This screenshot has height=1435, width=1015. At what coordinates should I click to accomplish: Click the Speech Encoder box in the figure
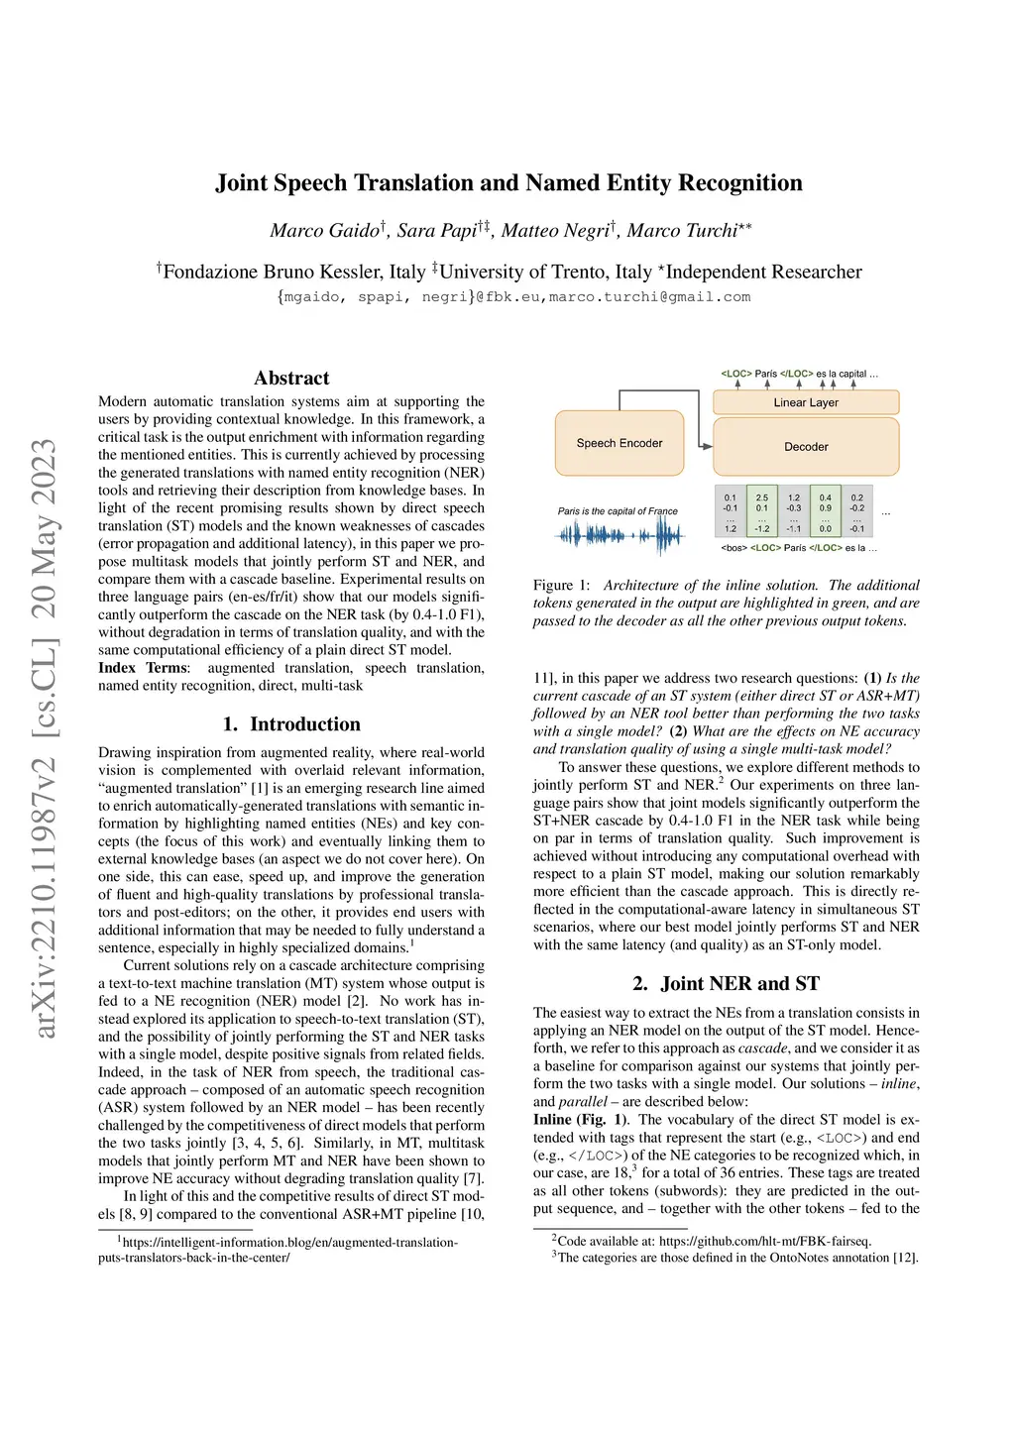click(x=620, y=443)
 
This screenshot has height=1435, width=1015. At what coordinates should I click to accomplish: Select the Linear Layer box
click(x=806, y=402)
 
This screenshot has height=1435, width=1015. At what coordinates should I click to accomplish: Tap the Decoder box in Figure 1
click(x=806, y=447)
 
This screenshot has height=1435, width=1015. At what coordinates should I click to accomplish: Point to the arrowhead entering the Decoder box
click(x=707, y=446)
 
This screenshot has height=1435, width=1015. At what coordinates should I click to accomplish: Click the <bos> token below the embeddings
click(x=733, y=548)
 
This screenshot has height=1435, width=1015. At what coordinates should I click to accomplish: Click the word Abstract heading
click(x=291, y=378)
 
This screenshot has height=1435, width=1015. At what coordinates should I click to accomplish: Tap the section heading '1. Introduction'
click(x=291, y=724)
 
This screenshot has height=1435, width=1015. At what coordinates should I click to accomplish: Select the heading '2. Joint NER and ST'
click(x=726, y=983)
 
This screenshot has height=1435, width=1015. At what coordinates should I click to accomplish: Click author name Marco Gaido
click(x=325, y=231)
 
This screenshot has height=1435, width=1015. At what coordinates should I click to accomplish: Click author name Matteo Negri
click(x=555, y=231)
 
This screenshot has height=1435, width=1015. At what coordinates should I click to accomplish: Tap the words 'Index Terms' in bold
click(x=143, y=668)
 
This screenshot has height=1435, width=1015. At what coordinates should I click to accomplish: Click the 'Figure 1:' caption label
click(x=562, y=586)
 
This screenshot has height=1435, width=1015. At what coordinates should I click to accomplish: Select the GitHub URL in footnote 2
click(x=765, y=1241)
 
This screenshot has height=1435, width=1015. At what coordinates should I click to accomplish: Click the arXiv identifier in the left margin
click(x=44, y=738)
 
